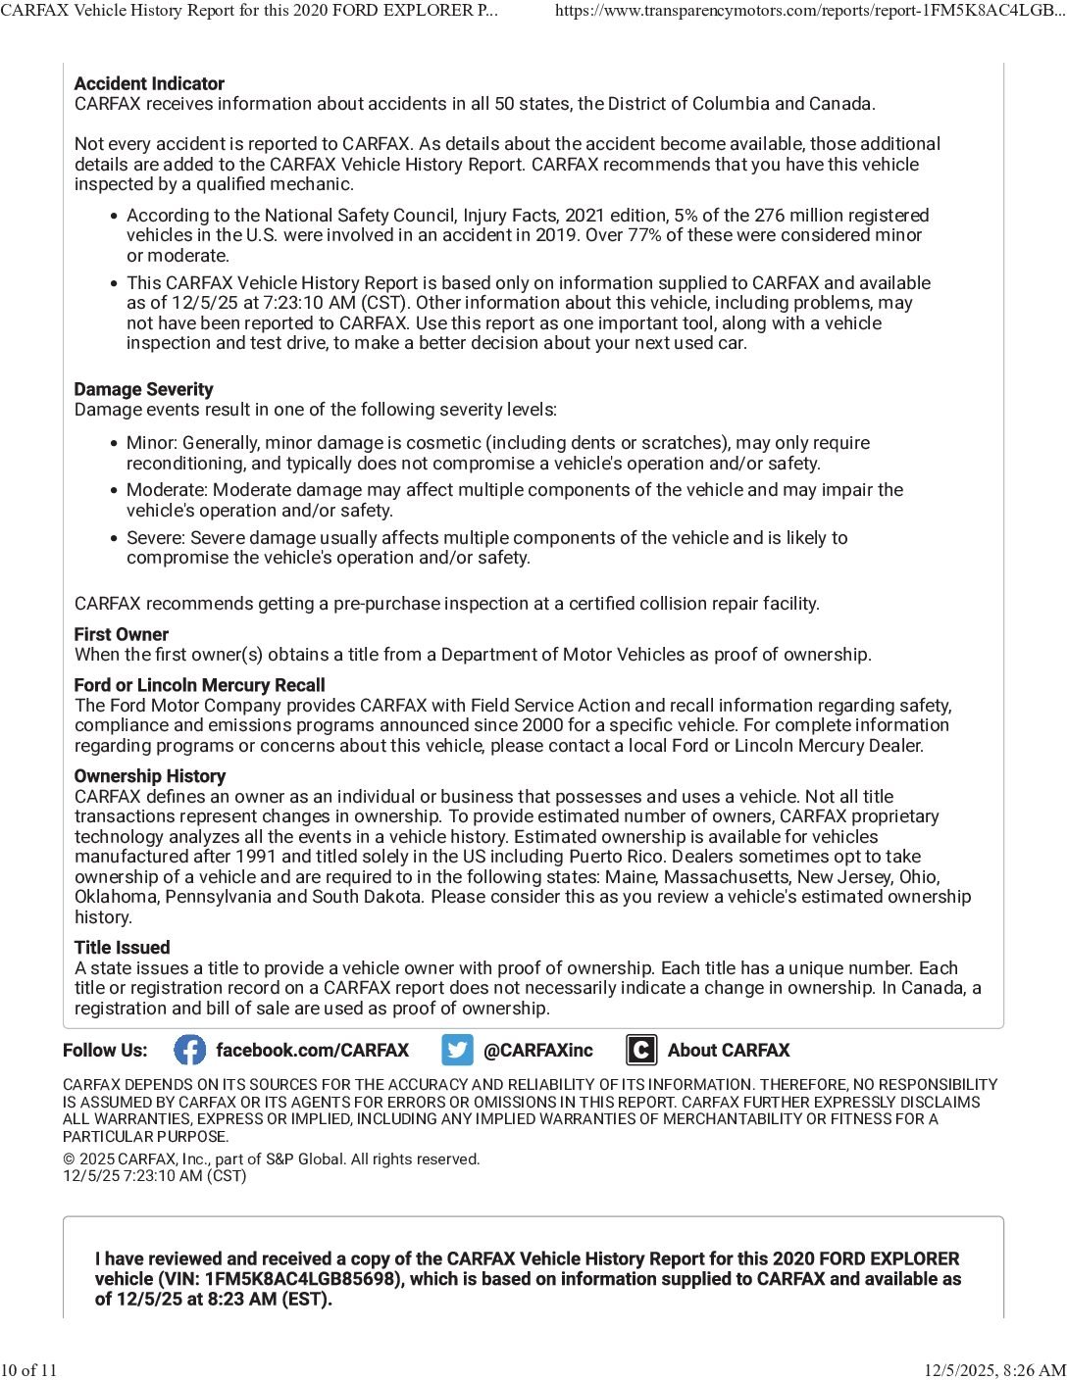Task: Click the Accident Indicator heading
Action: (x=149, y=84)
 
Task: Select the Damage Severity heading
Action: (x=143, y=390)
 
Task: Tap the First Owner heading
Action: (x=122, y=635)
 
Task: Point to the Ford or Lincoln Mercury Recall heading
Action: (x=199, y=686)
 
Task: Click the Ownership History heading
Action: (x=150, y=776)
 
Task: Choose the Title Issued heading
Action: (x=123, y=948)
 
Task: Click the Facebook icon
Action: (x=190, y=1051)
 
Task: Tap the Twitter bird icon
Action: (x=457, y=1051)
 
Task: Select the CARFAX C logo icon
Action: (x=641, y=1051)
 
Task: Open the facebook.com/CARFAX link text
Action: (x=312, y=1051)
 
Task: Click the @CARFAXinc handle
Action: (x=538, y=1051)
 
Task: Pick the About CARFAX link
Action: (x=729, y=1051)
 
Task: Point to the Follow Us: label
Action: (x=105, y=1051)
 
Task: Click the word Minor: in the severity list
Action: (x=152, y=444)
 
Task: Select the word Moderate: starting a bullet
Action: (x=168, y=490)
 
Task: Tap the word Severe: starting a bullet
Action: (x=156, y=538)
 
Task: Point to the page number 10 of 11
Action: (x=29, y=1370)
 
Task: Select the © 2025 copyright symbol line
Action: (x=271, y=1159)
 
